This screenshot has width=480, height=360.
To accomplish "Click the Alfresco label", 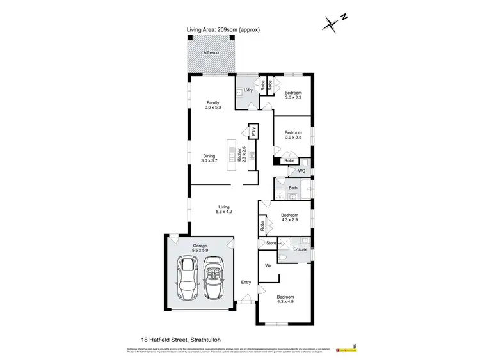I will coord(211,52).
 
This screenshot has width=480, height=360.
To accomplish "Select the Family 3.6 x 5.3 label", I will coord(212,105).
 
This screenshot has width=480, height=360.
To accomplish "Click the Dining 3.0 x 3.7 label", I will coord(209,159).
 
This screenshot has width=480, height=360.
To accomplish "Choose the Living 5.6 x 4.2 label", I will coord(224,210).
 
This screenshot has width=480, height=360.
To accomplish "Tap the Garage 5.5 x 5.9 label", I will coord(201,247).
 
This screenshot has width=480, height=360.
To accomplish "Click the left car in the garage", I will coord(188,278).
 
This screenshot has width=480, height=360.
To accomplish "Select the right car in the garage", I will coord(214,278).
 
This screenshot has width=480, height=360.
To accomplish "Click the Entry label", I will coord(246,283).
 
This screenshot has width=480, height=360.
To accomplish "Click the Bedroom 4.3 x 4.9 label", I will coord(285,300).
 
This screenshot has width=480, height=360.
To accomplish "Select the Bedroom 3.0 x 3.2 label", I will coord(293,95).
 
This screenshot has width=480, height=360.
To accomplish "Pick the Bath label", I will coord(293,188).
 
